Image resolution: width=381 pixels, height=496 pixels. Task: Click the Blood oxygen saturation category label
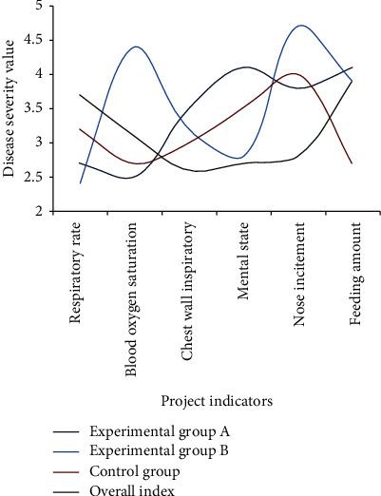pos(135,299)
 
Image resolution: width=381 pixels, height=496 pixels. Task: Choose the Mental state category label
pos(245,258)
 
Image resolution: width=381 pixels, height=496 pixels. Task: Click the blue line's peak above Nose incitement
pos(303,26)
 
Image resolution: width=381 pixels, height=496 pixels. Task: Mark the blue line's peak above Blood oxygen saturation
pos(137,47)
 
